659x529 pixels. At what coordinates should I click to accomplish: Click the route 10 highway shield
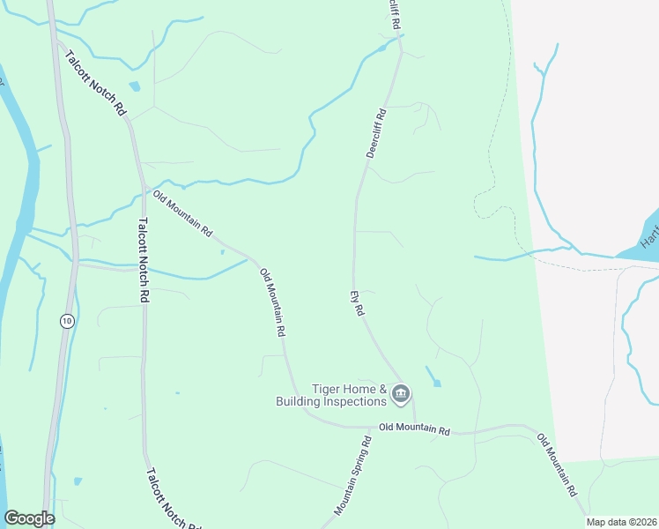(67, 321)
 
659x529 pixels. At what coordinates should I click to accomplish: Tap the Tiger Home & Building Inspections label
(350, 395)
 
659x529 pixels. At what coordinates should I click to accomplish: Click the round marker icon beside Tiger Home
(401, 393)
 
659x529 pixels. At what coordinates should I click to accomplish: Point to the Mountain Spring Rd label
(353, 475)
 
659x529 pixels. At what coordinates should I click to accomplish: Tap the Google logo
(29, 518)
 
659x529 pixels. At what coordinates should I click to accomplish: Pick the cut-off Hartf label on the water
(648, 230)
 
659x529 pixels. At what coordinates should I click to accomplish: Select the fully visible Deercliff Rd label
(376, 134)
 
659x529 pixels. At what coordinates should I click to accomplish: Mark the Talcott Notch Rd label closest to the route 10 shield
(142, 261)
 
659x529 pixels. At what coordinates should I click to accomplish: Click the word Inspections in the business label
(356, 401)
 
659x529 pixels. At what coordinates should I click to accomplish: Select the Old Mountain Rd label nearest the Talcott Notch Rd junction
(182, 213)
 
